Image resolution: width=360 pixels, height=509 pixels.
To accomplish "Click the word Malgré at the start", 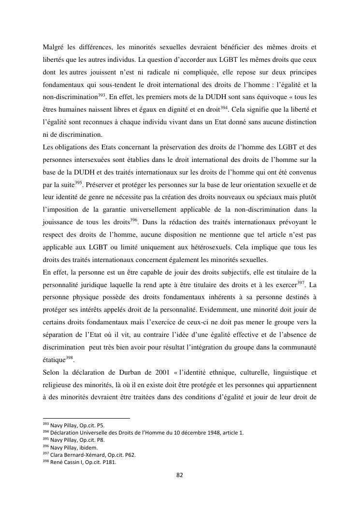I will (53, 47).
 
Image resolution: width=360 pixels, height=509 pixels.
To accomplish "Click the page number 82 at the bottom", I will (180, 475).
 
